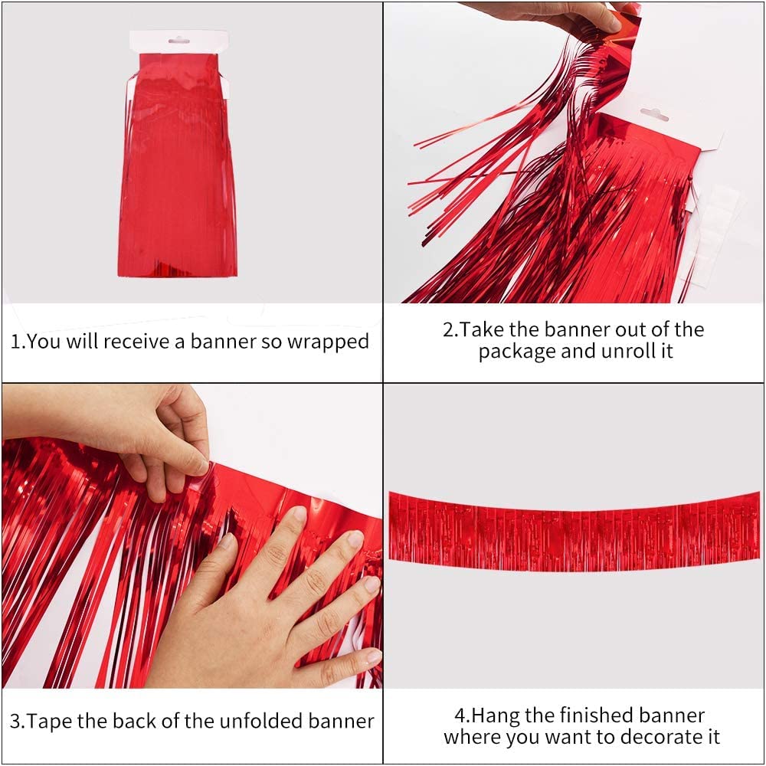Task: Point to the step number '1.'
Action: [18, 342]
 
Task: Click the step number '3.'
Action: [17, 721]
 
